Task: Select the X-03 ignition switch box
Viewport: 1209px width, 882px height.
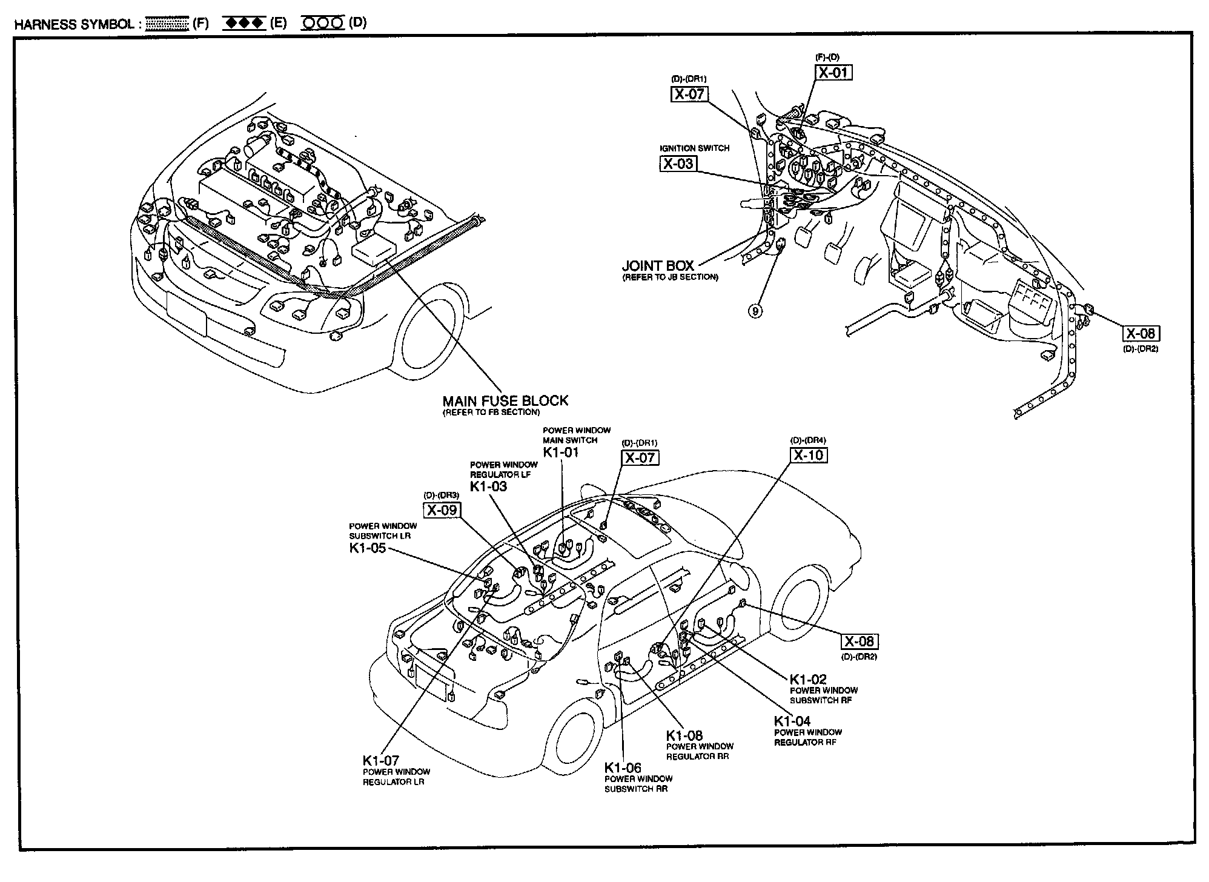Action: [x=678, y=164]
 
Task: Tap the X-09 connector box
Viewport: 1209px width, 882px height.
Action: [x=442, y=510]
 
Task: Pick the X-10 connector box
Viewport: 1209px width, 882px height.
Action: [x=809, y=455]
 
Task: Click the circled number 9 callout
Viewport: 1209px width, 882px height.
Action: [x=755, y=311]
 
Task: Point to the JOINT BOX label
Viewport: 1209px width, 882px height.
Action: [x=658, y=265]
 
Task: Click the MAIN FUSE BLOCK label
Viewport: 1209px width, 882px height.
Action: [x=505, y=400]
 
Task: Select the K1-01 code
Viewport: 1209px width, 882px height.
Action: [x=560, y=452]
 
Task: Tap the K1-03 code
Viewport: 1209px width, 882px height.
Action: [x=488, y=486]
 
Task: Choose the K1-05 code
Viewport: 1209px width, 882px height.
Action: [x=367, y=548]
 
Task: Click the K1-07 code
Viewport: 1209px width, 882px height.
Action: [x=381, y=761]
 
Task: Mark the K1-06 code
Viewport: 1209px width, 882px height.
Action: [x=623, y=768]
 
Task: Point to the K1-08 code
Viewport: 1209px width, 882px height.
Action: [x=684, y=735]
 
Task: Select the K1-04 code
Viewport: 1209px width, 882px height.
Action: [x=792, y=721]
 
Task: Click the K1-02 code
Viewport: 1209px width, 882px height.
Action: [x=808, y=679]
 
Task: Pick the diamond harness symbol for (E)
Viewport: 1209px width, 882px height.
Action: [x=244, y=24]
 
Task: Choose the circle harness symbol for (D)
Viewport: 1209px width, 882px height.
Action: [x=323, y=24]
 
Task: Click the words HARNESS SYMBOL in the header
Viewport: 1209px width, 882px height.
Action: [x=74, y=24]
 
